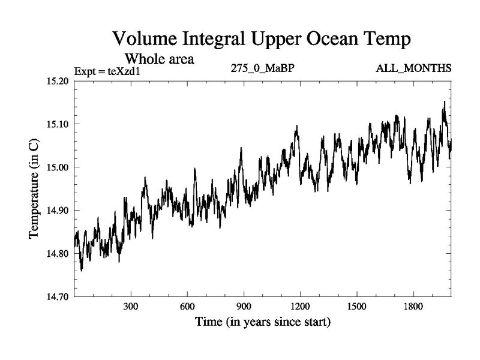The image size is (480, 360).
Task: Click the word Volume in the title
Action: coord(146,40)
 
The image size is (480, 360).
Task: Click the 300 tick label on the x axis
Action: coord(131,307)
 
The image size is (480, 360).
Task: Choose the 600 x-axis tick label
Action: coord(188,307)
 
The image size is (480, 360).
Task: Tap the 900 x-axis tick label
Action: coord(244,307)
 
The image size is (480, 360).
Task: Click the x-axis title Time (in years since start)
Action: coord(263,322)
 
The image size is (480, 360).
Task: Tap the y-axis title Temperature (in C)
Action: coord(35,189)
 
